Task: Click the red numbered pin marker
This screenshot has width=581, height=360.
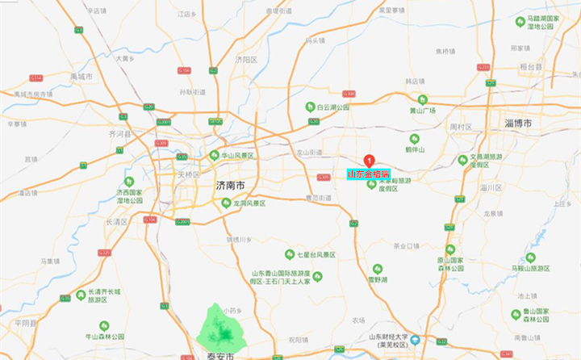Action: coord(370,160)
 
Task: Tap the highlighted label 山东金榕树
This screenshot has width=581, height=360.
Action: coord(368,174)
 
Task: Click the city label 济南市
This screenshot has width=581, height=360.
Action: coord(232,186)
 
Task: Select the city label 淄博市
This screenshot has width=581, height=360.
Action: coord(516,123)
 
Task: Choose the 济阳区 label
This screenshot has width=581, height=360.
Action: coord(245,60)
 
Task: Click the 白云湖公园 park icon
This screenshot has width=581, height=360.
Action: coord(310,107)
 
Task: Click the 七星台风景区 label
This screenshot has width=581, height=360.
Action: coord(316,255)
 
